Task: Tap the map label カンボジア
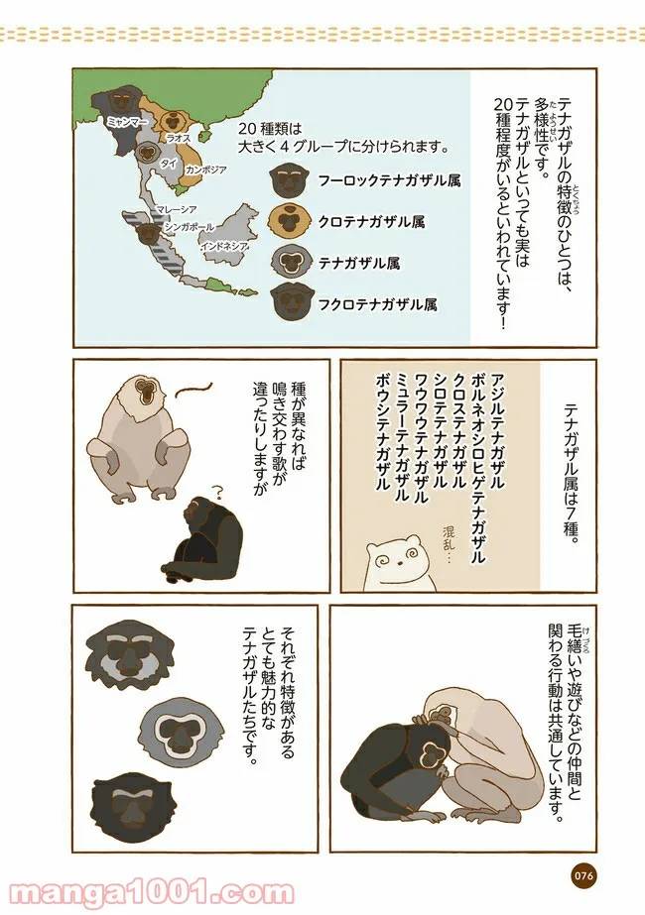tap(205, 170)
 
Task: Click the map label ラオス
tap(180, 139)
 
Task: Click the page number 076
tap(582, 874)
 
